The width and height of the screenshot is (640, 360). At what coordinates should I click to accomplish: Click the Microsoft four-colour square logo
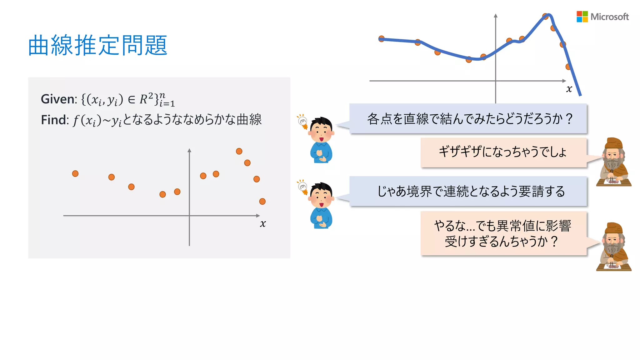[582, 17]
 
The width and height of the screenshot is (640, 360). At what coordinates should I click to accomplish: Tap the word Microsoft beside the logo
[609, 17]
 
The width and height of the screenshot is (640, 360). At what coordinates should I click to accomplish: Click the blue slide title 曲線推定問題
[98, 46]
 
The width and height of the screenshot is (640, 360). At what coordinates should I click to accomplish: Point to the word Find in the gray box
[55, 120]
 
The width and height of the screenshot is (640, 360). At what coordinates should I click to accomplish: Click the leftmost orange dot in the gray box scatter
[75, 173]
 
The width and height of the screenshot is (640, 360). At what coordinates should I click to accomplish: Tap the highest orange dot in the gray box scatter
[239, 151]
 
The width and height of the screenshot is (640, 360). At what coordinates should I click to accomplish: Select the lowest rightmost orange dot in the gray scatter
[262, 202]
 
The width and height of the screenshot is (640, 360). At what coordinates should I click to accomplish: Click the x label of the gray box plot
[263, 223]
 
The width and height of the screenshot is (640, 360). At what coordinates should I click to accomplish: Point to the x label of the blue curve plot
[569, 89]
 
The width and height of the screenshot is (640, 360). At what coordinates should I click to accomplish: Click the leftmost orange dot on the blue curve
[381, 39]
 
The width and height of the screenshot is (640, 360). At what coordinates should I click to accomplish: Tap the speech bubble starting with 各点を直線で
[468, 119]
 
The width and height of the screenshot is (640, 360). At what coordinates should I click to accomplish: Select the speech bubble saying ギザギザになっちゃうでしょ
[503, 152]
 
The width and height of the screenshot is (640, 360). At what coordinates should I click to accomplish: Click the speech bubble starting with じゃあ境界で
[468, 191]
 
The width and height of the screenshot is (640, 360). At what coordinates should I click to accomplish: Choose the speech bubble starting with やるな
[503, 233]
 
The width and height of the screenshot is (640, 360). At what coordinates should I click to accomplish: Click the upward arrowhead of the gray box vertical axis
[189, 150]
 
